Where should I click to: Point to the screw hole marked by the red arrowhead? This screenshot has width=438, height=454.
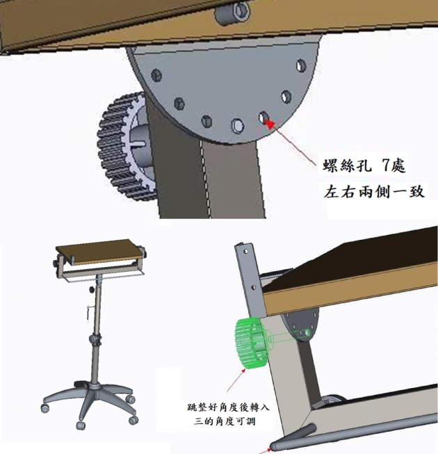tap(263, 119)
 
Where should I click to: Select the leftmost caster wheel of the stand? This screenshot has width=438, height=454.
tap(47, 410)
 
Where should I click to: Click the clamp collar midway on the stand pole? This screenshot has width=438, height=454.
tap(95, 340)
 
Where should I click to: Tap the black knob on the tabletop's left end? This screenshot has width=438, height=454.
tap(56, 264)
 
